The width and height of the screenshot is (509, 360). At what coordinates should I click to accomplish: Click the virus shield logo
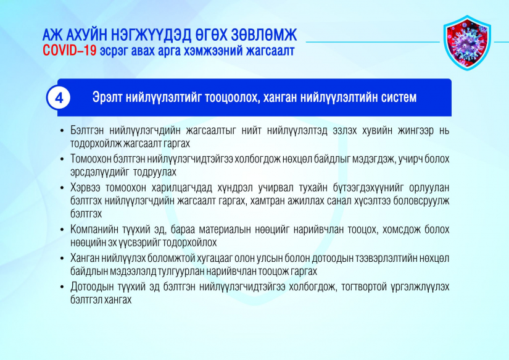pyautogui.click(x=467, y=43)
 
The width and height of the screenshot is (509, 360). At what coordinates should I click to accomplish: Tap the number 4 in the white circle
pyautogui.click(x=59, y=98)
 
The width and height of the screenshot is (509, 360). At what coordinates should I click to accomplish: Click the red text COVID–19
pyautogui.click(x=70, y=51)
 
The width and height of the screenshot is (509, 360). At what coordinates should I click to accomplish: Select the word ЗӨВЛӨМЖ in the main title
pyautogui.click(x=264, y=35)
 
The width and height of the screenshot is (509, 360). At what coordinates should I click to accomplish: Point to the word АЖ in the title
pyautogui.click(x=52, y=35)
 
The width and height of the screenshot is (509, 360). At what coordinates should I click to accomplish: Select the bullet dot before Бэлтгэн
pyautogui.click(x=62, y=131)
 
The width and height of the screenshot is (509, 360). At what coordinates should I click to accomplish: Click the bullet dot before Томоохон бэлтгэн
pyautogui.click(x=62, y=159)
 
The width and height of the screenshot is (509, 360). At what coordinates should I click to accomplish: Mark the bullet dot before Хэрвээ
pyautogui.click(x=62, y=188)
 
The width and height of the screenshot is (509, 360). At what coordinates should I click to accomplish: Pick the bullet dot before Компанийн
pyautogui.click(x=62, y=230)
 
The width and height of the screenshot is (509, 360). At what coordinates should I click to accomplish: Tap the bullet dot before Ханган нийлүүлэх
pyautogui.click(x=62, y=259)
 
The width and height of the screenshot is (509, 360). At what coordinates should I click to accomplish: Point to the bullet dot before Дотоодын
pyautogui.click(x=62, y=287)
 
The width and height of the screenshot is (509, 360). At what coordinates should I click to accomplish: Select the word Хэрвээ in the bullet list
pyautogui.click(x=85, y=188)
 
